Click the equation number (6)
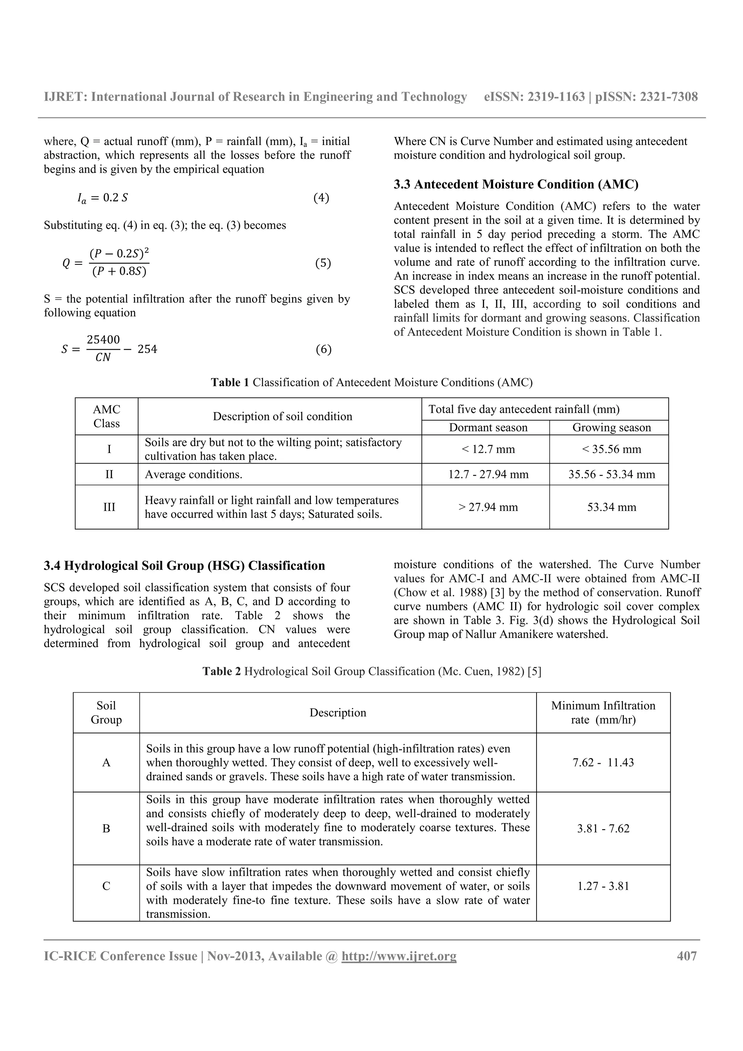(323, 349)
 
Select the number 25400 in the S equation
(103, 340)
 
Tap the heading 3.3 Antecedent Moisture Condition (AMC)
(516, 185)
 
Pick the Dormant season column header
(488, 428)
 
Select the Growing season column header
(611, 428)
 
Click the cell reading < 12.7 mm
(488, 449)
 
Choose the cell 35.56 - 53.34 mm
(611, 474)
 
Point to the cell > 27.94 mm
(488, 507)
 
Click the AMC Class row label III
(109, 507)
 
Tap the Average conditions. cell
(194, 474)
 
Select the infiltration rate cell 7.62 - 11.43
(603, 763)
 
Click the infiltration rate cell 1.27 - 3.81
(603, 886)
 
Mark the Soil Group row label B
(106, 829)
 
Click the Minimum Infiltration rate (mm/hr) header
(603, 713)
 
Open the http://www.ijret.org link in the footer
(399, 956)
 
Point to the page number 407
(687, 956)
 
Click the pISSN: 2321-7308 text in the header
(646, 96)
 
